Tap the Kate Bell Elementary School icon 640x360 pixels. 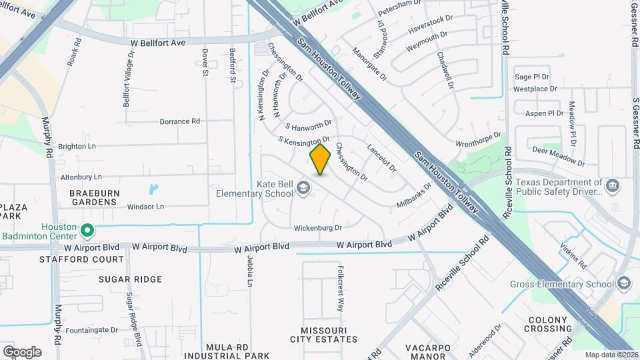click(x=305, y=188)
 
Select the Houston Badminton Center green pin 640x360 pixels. click(x=87, y=231)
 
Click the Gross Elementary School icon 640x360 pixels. click(x=624, y=284)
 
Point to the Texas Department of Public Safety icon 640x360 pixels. click(x=613, y=185)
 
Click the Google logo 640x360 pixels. click(x=22, y=351)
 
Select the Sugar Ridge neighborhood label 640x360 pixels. click(x=130, y=279)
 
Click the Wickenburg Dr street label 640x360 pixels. click(x=318, y=227)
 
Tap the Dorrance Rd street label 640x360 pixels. click(x=180, y=121)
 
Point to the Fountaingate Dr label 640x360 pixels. click(x=92, y=329)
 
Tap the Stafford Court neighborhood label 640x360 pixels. click(x=81, y=259)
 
